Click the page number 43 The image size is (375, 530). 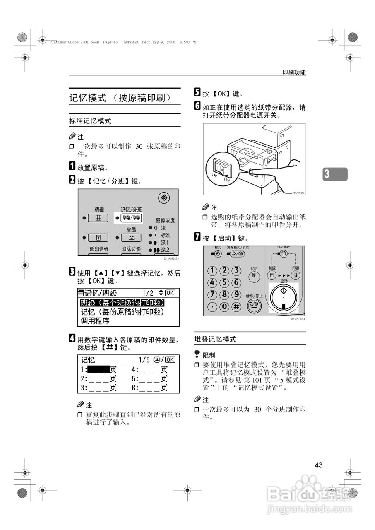[318, 465]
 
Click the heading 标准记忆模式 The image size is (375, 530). [90, 121]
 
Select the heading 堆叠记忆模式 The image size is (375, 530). [215, 339]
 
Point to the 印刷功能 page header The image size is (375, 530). [294, 72]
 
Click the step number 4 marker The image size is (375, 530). [72, 339]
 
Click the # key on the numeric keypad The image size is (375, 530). [236, 306]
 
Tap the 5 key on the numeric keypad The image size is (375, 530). [224, 283]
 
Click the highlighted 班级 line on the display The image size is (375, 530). [123, 303]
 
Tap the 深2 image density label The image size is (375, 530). [165, 250]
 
